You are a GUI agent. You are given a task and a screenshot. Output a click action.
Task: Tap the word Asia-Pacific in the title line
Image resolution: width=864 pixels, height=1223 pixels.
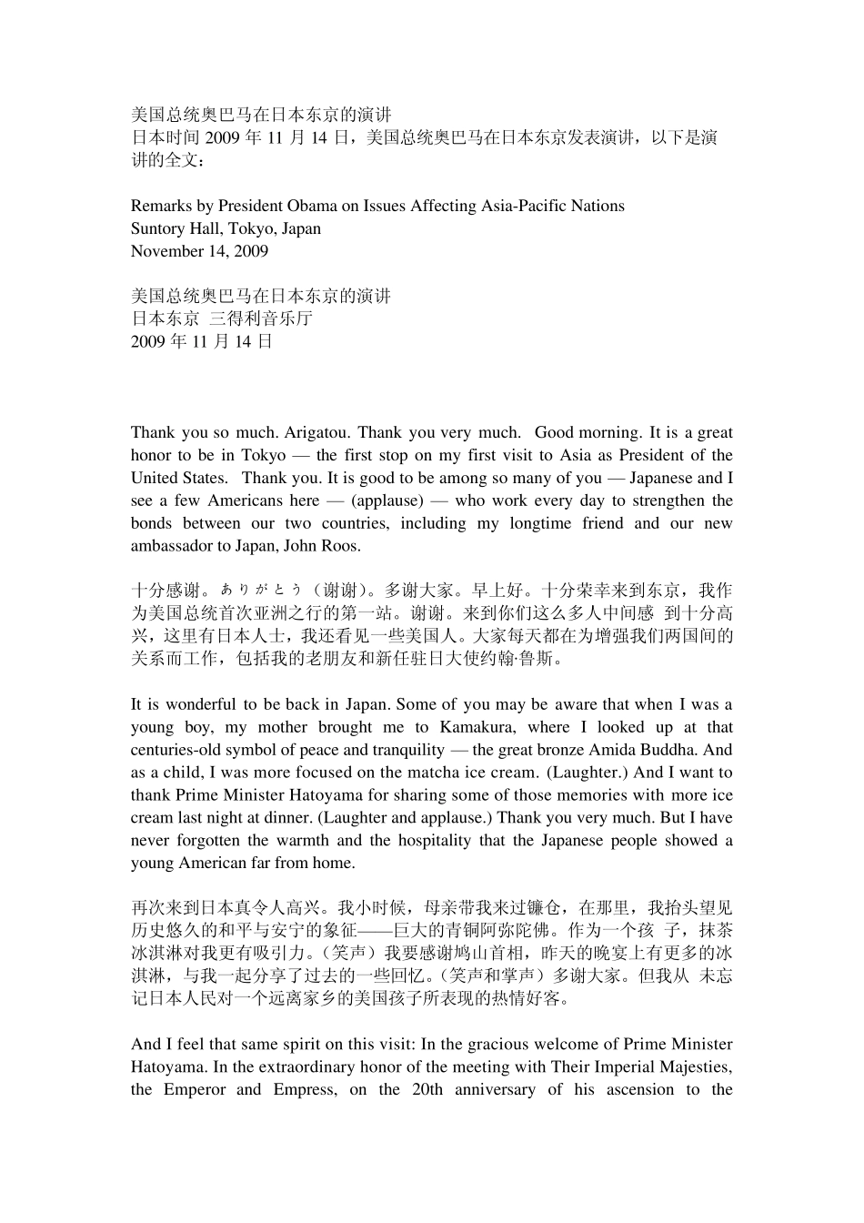point(512,206)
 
